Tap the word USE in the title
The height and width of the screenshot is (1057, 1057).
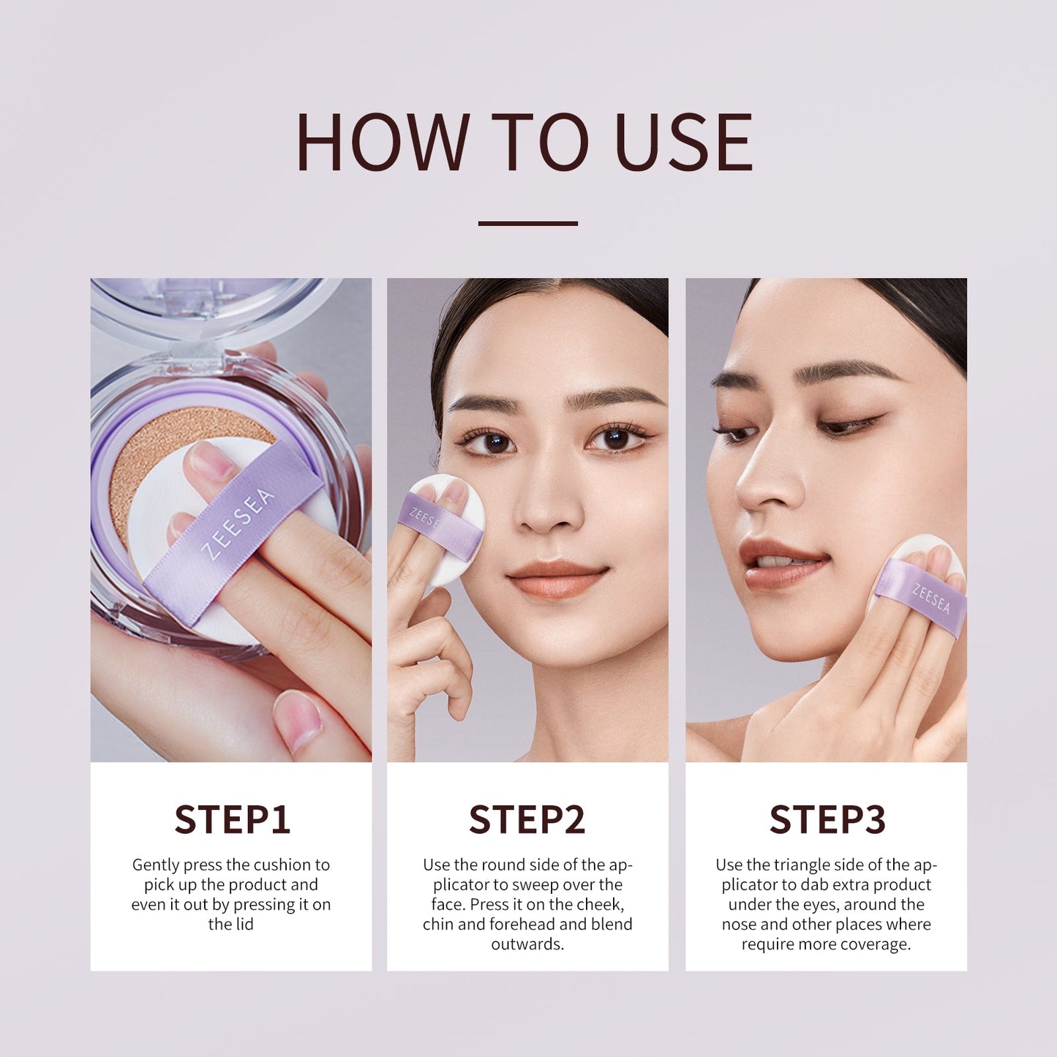[x=684, y=142]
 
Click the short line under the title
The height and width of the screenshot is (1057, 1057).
[x=527, y=223]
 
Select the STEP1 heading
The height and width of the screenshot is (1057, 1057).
[x=232, y=819]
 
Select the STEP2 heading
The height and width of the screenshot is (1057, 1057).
[x=527, y=819]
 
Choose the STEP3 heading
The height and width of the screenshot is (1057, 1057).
[x=827, y=819]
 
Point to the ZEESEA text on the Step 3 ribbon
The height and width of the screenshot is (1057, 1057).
[x=931, y=598]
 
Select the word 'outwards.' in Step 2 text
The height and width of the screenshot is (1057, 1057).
[x=527, y=944]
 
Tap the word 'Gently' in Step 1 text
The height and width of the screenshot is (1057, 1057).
[x=156, y=865]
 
